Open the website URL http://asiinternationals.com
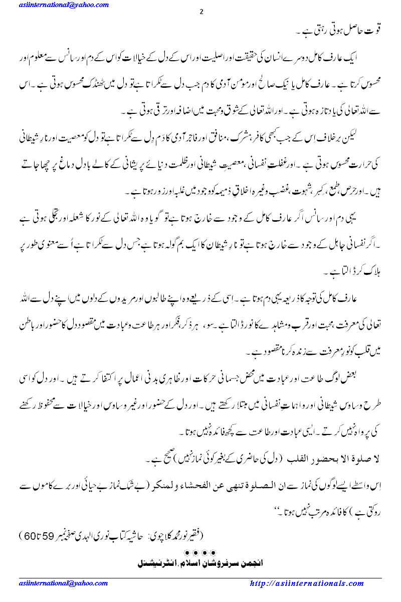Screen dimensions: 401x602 (306, 583)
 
